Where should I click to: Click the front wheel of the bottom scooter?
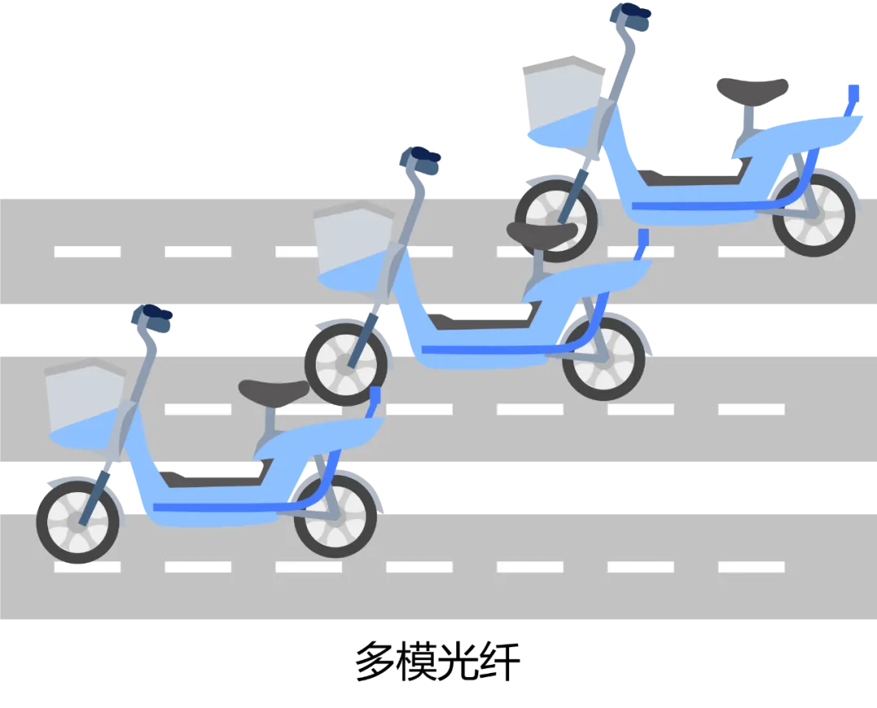click(78, 522)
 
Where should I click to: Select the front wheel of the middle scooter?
click(347, 365)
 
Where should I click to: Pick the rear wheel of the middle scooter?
click(603, 359)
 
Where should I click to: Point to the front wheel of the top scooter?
click(556, 220)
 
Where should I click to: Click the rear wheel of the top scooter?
click(814, 214)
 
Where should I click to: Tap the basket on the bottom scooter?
click(85, 404)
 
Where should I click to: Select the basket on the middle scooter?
click(354, 247)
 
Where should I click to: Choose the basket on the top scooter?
click(563, 101)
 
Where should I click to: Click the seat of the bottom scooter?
click(274, 391)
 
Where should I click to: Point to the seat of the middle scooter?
click(542, 234)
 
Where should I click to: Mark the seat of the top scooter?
click(753, 86)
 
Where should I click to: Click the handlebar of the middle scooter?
click(420, 160)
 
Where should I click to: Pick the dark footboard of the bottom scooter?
click(215, 477)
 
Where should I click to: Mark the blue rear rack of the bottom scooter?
click(374, 402)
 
